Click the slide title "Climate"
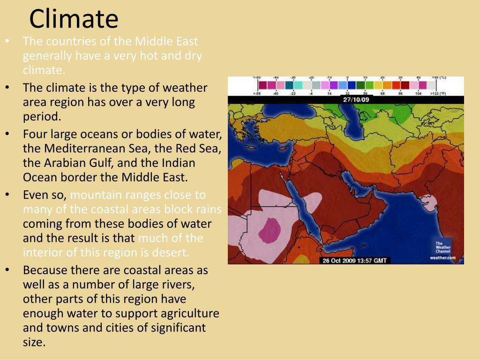click(74, 19)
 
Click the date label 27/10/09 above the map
click(356, 100)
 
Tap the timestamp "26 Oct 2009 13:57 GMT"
click(355, 260)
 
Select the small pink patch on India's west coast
click(430, 203)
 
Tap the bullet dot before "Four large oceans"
click(7, 134)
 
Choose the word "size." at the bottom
click(34, 342)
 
